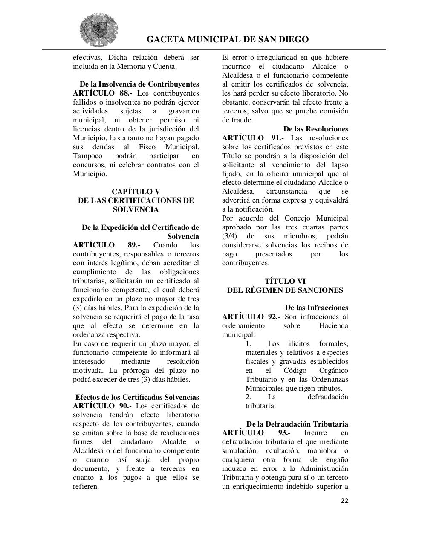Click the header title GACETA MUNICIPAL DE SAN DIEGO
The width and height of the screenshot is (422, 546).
228,40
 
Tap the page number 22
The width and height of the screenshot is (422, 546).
344,501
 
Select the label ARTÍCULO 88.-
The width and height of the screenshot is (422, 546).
97,93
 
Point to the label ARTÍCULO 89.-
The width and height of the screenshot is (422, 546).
107,245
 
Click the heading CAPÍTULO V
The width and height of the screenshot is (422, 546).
136,192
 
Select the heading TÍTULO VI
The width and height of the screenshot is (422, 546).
285,281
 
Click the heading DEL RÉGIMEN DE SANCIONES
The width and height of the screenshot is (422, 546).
285,290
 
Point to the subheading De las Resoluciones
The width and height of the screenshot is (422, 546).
315,129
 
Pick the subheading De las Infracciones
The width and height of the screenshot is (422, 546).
316,308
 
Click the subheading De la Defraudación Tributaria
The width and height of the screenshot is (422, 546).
297,424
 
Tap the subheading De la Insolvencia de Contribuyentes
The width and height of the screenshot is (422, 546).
139,84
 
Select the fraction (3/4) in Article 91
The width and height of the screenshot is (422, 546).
230,236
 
